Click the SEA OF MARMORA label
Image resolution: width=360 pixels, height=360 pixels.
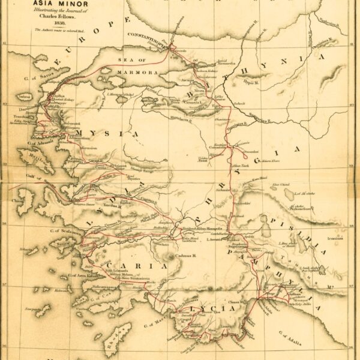(134, 64)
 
